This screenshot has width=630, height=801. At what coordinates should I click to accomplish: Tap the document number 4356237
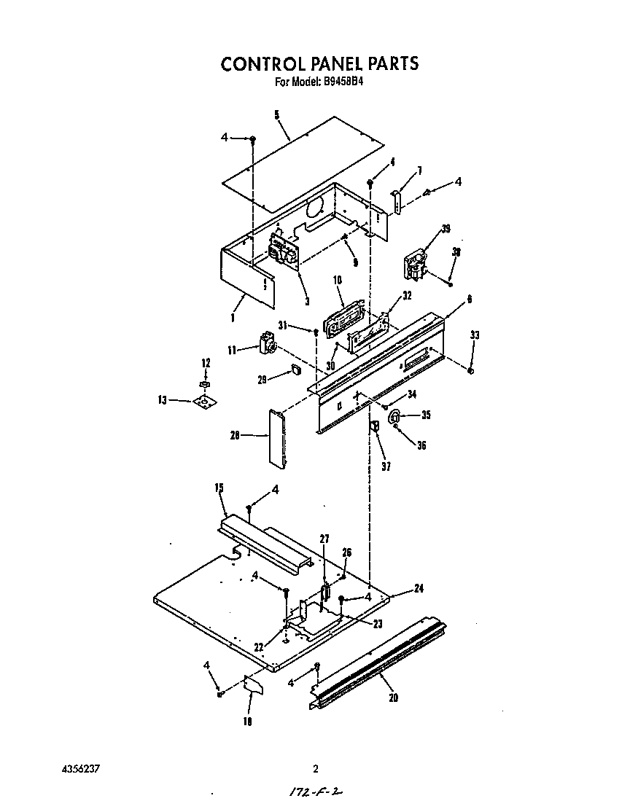coord(78,768)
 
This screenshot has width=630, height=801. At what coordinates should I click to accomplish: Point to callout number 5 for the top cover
coord(277,114)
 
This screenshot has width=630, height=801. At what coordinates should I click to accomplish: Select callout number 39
coord(446,229)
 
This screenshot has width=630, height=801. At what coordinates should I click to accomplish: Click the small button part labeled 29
coord(296,370)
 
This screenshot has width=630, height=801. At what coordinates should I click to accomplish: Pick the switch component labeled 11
coord(267,343)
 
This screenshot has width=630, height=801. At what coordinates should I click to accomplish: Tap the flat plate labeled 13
coord(206,400)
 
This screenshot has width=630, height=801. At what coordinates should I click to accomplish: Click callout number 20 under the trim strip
coord(394,698)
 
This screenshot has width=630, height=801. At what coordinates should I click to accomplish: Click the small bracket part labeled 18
coord(253,684)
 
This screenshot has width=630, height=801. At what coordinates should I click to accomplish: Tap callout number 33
coord(475,335)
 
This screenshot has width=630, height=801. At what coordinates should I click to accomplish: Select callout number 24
coord(419,588)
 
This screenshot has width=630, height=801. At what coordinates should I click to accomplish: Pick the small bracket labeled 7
coord(397,201)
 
